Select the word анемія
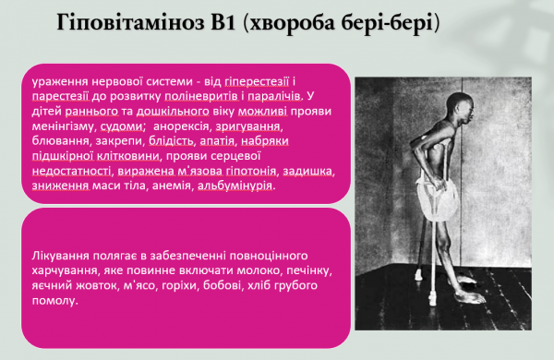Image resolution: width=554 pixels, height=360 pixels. tap(177, 186)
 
